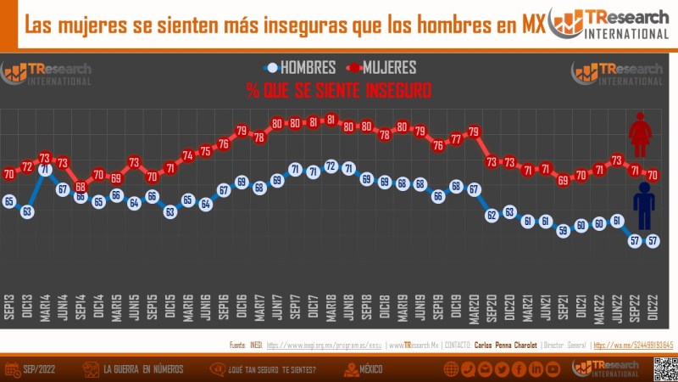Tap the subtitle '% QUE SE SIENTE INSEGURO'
[x=339, y=90]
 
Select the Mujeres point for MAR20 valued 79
[x=474, y=132]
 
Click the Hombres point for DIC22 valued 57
[x=653, y=240]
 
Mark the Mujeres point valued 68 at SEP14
[x=81, y=187]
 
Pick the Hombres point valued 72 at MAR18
[x=331, y=166]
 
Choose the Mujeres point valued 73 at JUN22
[x=617, y=160]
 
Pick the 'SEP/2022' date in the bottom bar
[x=42, y=369]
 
